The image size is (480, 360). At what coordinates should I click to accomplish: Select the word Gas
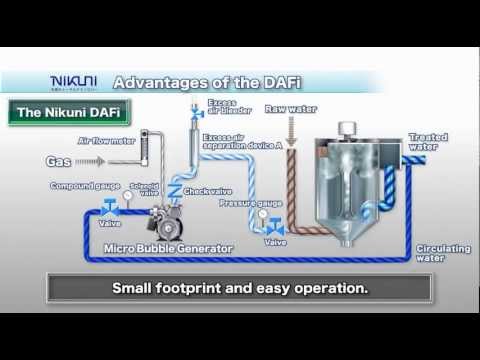[x=57, y=160]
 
